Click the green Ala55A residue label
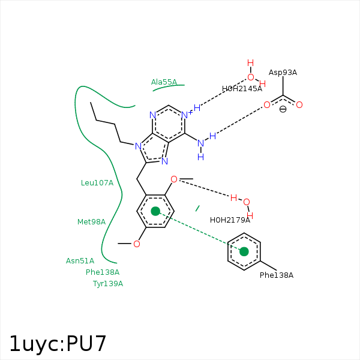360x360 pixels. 164,82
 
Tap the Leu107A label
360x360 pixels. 97,182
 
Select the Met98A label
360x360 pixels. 91,221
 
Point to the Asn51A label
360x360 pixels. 80,260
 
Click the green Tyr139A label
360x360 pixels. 108,283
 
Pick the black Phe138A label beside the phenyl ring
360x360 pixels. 277,275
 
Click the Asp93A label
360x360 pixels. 283,72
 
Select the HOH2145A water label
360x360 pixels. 242,88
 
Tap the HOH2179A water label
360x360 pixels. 230,220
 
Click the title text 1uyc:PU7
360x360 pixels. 58,343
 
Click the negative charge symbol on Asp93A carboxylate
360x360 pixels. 283,109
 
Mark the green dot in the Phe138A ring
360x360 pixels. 244,251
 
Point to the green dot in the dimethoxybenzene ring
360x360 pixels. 155,211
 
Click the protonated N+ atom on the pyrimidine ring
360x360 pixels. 185,115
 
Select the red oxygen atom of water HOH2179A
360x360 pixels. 246,202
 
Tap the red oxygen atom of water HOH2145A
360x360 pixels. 251,77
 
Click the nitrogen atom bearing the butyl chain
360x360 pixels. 138,146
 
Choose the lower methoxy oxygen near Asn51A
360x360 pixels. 137,244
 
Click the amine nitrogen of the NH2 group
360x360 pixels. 200,143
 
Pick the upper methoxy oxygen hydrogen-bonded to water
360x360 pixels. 174,179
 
